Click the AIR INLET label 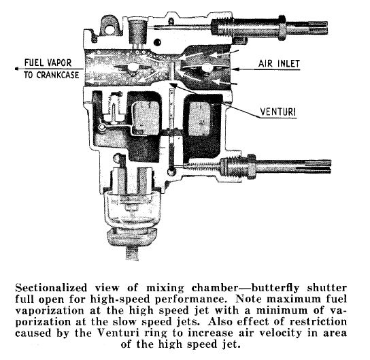(x=279, y=64)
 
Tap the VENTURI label (x=277, y=112)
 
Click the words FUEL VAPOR (x=48, y=63)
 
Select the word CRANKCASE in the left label (x=58, y=75)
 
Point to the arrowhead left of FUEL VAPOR (x=16, y=69)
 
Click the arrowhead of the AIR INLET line (x=233, y=69)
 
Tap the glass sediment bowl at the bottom (x=132, y=207)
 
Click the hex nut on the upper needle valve (x=282, y=28)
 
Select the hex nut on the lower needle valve (x=252, y=166)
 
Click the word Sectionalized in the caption (x=51, y=288)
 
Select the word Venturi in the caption (x=117, y=333)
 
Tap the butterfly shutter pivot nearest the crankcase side (x=132, y=67)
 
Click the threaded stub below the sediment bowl (x=132, y=252)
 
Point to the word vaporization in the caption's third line (x=50, y=310)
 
